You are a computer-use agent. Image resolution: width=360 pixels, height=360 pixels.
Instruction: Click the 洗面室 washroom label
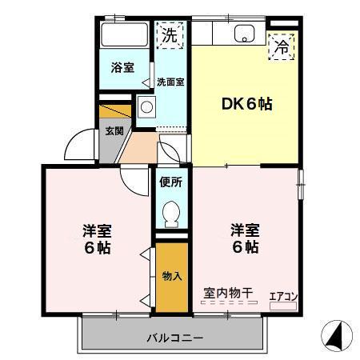coord(170,81)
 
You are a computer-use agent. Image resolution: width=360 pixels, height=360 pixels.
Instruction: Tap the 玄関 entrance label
coord(113,131)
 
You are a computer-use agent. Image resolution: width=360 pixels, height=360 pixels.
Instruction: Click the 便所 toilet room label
coord(170,182)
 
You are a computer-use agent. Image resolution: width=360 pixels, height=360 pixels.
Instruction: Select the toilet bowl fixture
coord(170,212)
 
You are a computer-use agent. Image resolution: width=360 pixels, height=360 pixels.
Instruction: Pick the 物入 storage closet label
coord(171,276)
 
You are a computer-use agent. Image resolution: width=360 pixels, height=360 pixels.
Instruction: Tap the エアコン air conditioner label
coord(283,297)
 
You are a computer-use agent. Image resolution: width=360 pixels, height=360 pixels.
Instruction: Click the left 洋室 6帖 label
coord(97,238)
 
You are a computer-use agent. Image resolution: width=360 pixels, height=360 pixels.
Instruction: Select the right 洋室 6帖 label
coord(245,238)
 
